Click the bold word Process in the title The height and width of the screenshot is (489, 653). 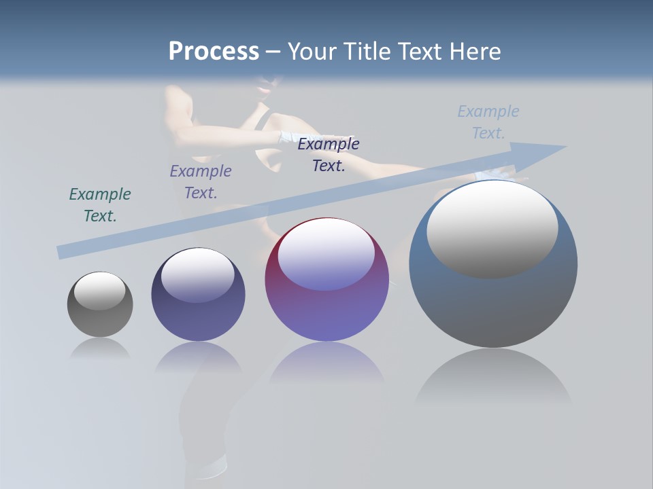214,52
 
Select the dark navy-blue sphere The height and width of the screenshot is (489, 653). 198,312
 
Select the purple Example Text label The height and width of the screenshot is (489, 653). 201,181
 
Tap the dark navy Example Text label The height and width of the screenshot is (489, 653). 329,154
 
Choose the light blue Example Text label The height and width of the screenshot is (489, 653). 488,122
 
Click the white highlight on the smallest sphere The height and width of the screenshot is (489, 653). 100,291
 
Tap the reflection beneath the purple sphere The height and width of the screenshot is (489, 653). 326,363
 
